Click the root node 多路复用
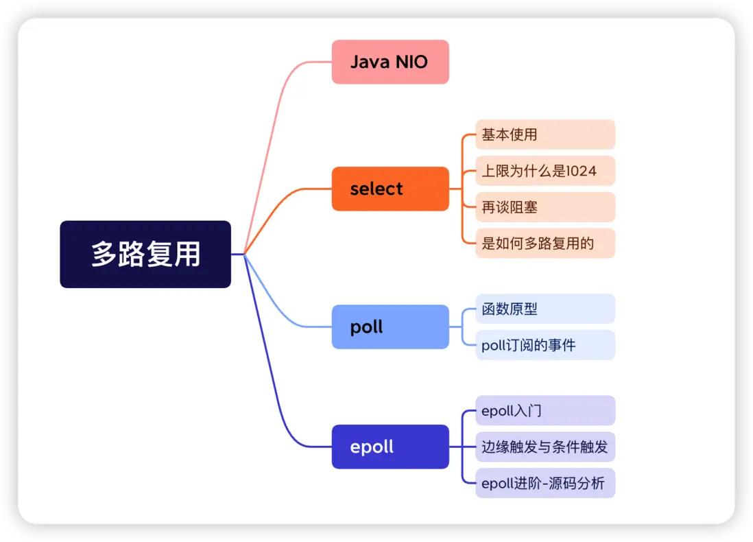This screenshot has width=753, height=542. [x=145, y=254]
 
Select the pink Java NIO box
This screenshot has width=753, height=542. [x=390, y=62]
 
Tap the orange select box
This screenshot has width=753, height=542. [x=390, y=189]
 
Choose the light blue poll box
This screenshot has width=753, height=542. [x=390, y=327]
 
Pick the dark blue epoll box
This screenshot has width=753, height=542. [x=390, y=447]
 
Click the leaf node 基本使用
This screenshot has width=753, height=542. [x=545, y=134]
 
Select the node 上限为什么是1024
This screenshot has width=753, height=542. [x=545, y=171]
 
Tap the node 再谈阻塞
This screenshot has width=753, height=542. [x=545, y=207]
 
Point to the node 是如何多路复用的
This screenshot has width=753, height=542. [x=545, y=243]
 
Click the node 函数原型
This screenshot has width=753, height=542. [x=545, y=309]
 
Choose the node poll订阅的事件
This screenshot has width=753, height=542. [x=545, y=345]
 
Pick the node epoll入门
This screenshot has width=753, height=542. [x=545, y=410]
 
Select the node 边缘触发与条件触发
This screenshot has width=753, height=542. [x=545, y=447]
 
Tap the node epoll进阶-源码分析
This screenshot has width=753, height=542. [x=545, y=483]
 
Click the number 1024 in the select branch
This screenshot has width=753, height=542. [x=582, y=171]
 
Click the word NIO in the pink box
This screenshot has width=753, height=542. [x=411, y=62]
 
